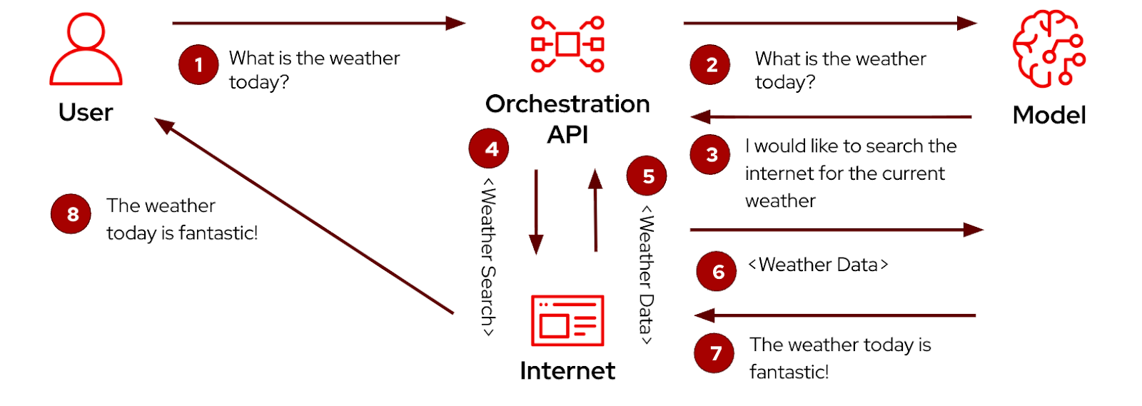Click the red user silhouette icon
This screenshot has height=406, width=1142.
tap(86, 50)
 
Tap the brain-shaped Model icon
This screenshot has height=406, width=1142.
tap(1048, 49)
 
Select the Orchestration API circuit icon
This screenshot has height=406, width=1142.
tap(567, 44)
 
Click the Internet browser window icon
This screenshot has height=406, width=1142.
tap(567, 321)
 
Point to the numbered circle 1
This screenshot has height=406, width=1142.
tap(198, 65)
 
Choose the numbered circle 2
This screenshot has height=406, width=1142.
tap(710, 65)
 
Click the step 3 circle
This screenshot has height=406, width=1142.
tap(710, 155)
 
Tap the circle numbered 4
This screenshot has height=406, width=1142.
tap(489, 148)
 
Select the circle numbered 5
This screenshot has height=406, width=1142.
tap(647, 176)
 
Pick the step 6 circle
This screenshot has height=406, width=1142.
tap(717, 271)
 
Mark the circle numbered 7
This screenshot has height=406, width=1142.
tap(714, 353)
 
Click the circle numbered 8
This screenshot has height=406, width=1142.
tap(71, 214)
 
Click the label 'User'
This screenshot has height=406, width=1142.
tap(86, 113)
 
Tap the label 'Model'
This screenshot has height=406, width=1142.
tap(1048, 115)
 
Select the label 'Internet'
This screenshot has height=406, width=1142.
tap(567, 371)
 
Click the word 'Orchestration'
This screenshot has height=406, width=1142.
tap(567, 104)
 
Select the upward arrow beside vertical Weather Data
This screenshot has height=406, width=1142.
tap(595, 210)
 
